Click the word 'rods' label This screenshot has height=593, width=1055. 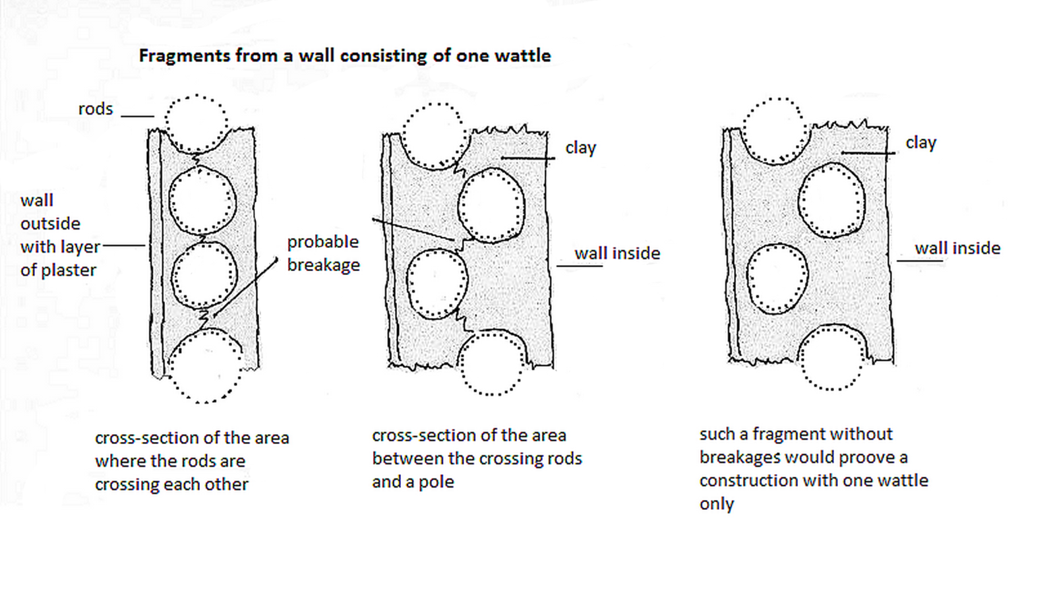(x=96, y=109)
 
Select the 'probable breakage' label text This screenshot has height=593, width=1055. (x=323, y=253)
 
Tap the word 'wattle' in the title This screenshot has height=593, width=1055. (x=522, y=55)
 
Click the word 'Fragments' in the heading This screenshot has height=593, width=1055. (x=175, y=55)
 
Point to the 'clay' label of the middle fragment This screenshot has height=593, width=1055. (x=580, y=148)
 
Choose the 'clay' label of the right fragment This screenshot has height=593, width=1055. (x=920, y=142)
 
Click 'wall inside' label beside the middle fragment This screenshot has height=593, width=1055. (x=617, y=253)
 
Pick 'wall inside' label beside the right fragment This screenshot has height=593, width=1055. (x=957, y=248)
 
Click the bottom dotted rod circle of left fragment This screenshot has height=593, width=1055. (x=206, y=366)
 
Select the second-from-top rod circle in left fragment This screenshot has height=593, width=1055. (x=202, y=201)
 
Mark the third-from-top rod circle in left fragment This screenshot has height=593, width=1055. (x=204, y=275)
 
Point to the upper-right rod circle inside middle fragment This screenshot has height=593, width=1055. (x=491, y=205)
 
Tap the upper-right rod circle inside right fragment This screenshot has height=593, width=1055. (x=831, y=200)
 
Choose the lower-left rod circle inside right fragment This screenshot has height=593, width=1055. (x=777, y=278)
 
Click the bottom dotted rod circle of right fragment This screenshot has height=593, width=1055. (x=832, y=357)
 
